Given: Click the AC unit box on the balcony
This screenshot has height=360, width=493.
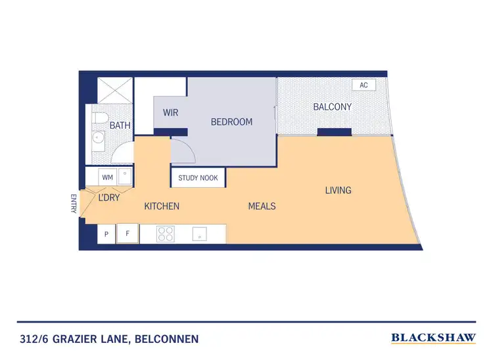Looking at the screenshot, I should coord(364,85).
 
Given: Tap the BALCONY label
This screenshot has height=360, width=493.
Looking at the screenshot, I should coord(332,106).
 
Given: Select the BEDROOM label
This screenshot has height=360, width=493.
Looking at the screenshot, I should coord(231,122).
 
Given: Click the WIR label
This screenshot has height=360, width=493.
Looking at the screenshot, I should coord(170,113).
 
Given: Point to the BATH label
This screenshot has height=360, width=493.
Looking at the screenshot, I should coord(120,125).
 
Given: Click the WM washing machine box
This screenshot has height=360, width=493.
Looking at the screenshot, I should coord(108,176).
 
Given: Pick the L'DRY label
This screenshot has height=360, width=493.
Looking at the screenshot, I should coord(108,197).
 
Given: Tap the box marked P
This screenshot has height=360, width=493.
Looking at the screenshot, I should coord(106,234).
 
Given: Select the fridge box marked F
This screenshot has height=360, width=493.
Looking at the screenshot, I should coord(127,234).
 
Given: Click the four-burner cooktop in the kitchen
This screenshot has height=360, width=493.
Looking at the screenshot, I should coord(165,234).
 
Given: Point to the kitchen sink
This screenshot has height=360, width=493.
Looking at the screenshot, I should coord(200,234).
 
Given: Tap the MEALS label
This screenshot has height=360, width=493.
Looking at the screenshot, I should coord(262,206).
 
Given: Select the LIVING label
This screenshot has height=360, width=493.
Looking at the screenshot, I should coord(338,191).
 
